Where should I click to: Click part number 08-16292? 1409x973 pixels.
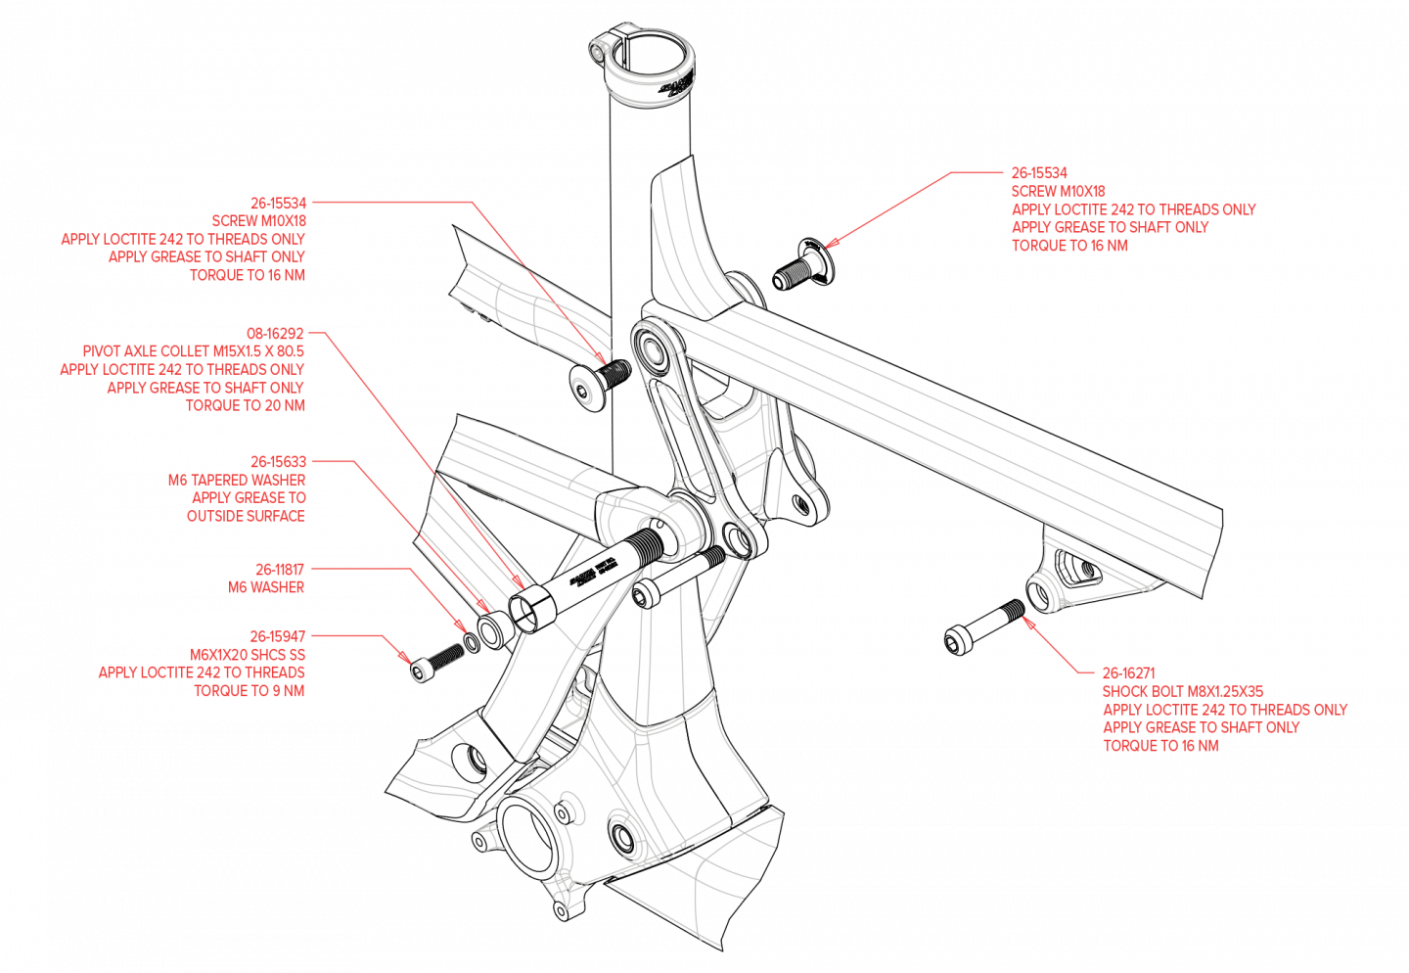[275, 333]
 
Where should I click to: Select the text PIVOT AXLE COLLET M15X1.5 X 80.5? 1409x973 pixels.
[194, 350]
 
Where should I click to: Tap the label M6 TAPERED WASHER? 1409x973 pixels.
[237, 480]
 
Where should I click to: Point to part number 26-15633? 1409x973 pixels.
[278, 461]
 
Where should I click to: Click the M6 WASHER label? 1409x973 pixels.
[266, 587]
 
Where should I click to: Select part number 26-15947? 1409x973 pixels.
[278, 636]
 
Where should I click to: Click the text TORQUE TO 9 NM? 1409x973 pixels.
[250, 691]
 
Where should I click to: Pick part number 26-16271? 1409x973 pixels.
[1128, 673]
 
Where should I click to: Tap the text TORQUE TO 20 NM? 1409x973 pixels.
[246, 405]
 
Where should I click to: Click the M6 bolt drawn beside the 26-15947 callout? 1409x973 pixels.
[436, 661]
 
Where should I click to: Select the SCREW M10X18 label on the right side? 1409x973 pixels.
[1058, 191]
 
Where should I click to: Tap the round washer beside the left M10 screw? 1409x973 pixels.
[581, 389]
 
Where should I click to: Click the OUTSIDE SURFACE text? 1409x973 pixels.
[246, 516]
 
